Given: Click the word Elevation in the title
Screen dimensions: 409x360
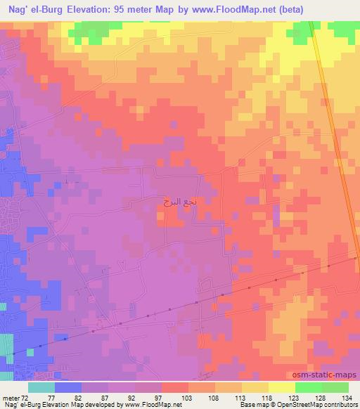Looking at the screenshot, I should tap(94, 9).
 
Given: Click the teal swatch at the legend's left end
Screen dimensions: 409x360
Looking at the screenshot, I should tap(41, 387).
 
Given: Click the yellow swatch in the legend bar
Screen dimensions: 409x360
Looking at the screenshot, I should tap(281, 387).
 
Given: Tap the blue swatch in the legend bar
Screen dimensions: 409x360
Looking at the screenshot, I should tap(68, 387).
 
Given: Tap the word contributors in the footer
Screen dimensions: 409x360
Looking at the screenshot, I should tap(340, 405).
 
